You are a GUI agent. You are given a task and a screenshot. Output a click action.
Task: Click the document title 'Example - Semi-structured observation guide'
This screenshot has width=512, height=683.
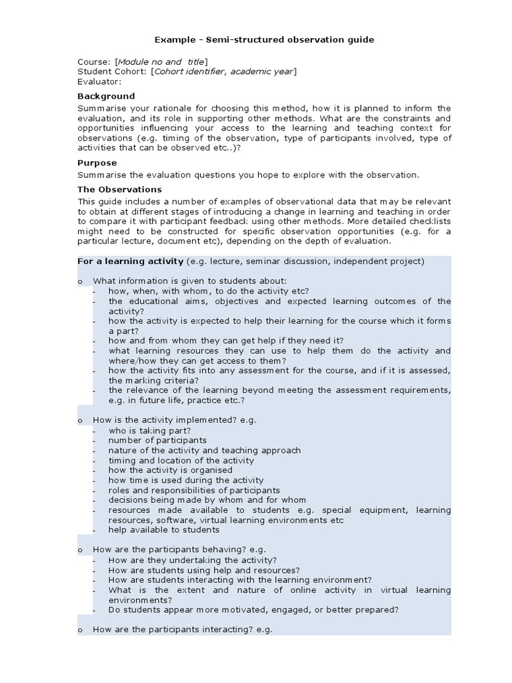[x=265, y=39]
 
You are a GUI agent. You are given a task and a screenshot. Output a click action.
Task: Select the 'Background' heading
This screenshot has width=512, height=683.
[x=106, y=96]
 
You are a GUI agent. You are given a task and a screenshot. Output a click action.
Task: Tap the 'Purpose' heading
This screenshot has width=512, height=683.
[x=97, y=163]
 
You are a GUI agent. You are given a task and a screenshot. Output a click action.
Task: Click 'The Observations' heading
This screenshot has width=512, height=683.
[x=119, y=189]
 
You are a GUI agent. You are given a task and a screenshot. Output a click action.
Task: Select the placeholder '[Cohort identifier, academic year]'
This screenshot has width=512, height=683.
[x=224, y=71]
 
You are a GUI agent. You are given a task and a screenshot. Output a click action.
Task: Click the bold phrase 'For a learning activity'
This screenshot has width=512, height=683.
[x=131, y=261]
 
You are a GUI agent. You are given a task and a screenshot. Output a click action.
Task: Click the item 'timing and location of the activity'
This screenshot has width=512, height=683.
[x=181, y=460]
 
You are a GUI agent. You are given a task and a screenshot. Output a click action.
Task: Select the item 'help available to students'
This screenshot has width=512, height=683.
[x=164, y=530]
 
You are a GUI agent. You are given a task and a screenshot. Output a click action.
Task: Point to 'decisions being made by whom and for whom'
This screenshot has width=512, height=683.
[x=207, y=500]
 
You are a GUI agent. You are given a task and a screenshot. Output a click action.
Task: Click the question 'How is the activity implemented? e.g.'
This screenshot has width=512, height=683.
[x=175, y=420]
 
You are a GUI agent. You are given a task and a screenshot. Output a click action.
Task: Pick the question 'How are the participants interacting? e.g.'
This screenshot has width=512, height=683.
[x=183, y=630]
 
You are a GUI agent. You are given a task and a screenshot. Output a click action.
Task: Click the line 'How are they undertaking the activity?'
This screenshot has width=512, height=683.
[x=193, y=560]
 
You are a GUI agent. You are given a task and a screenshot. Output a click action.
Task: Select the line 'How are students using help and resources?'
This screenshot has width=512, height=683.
[x=204, y=570]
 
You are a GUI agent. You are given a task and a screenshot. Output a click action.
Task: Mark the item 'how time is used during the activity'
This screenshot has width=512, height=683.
[x=186, y=480]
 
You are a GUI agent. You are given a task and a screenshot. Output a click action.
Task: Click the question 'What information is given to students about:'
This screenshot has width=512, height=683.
[x=189, y=281]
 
